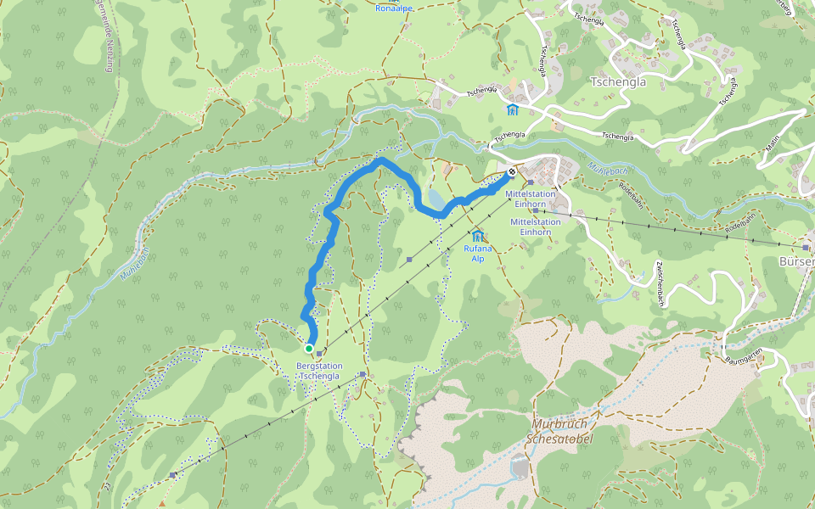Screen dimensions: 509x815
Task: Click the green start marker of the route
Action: (x=309, y=348)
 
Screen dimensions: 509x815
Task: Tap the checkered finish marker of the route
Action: (x=512, y=172)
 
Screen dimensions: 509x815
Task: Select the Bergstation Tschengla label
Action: (x=319, y=371)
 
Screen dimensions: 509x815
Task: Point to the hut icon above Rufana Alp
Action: (x=477, y=235)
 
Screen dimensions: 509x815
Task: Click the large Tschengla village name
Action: (x=617, y=82)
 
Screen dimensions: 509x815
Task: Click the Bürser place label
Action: (x=797, y=261)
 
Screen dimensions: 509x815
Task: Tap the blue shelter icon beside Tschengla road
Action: (x=512, y=110)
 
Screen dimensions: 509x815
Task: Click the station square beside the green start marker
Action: (x=319, y=354)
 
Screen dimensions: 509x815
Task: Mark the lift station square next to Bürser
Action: (x=805, y=247)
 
